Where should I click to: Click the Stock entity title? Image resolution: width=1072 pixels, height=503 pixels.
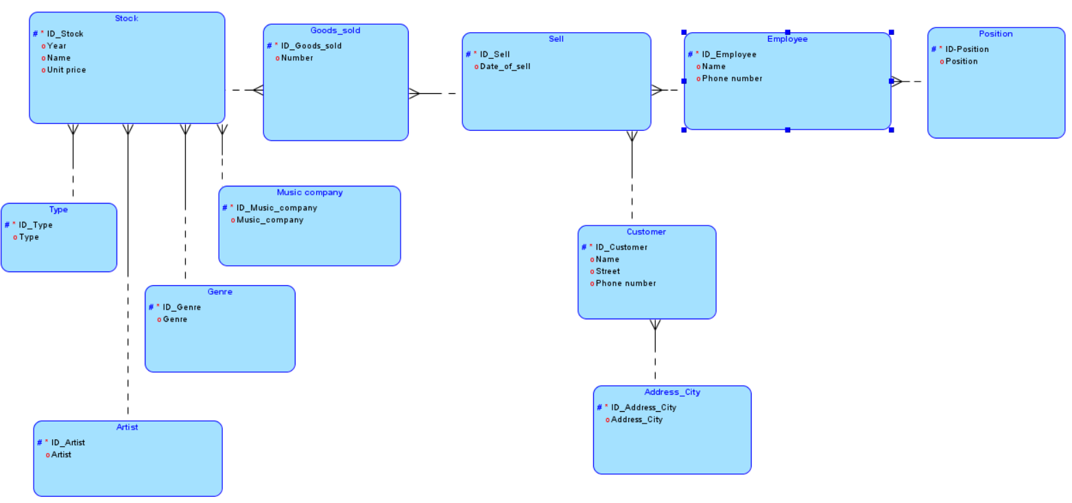126,19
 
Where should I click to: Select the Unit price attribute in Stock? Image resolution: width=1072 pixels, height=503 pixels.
67,70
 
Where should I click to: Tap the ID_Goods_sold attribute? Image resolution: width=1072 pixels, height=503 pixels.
311,46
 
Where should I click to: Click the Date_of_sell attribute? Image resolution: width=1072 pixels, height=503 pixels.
505,66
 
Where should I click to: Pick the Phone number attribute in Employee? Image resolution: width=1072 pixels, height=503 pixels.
732,79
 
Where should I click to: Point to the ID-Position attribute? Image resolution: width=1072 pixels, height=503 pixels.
967,49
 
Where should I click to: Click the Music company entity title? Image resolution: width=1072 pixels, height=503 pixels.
309,193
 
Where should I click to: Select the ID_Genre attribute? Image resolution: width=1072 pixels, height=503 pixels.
181,308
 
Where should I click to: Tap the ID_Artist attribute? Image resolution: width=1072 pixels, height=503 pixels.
68,443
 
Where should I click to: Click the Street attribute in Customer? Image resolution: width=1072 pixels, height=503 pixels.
607,271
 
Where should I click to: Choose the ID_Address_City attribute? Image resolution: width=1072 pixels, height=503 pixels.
643,408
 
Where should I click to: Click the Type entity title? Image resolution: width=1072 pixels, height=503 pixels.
58,210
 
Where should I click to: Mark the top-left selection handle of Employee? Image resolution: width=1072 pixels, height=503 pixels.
684,32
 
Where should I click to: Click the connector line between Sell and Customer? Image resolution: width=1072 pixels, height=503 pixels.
632,178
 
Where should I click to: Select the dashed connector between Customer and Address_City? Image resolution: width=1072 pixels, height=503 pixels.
655,356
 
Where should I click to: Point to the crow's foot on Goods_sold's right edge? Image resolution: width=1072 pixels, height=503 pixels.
414,93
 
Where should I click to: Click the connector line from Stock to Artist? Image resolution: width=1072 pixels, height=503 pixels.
128,274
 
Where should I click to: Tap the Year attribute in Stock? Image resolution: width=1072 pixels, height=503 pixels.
57,46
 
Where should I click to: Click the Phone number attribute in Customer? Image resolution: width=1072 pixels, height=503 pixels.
626,284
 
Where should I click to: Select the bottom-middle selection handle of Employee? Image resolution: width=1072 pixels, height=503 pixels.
787,130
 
